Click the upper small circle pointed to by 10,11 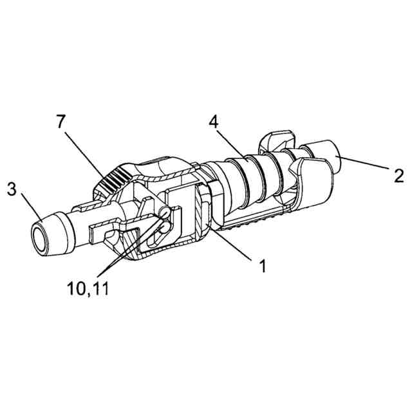[x=165, y=211]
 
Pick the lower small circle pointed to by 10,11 [x=162, y=226]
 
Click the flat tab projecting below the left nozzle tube [x=103, y=230]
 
